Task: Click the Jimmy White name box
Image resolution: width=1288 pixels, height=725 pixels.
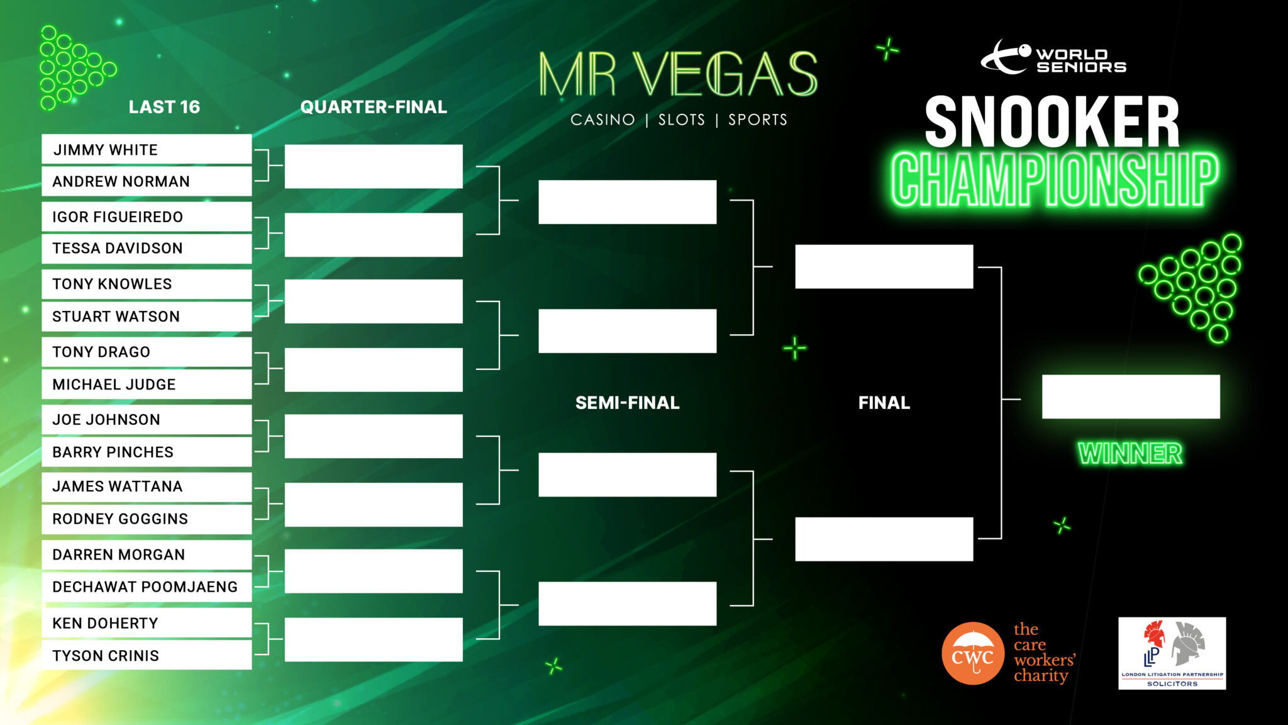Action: pyautogui.click(x=147, y=150)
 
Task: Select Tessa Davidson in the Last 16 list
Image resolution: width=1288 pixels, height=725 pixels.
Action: pyautogui.click(x=147, y=249)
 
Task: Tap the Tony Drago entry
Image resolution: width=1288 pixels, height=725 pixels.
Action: pyautogui.click(x=147, y=352)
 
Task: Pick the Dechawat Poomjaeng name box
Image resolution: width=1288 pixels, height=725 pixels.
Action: pyautogui.click(x=147, y=587)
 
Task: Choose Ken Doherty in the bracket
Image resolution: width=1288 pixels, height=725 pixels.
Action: pyautogui.click(x=147, y=623)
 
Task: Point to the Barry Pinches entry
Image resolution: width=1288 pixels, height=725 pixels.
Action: pyautogui.click(x=147, y=452)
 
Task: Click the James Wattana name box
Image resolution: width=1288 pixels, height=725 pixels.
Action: pyautogui.click(x=147, y=486)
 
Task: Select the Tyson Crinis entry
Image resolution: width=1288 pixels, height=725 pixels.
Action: pyautogui.click(x=147, y=656)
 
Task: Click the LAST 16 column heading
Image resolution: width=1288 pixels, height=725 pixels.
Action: pyautogui.click(x=164, y=107)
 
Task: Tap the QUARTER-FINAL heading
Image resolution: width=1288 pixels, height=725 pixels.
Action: pyautogui.click(x=374, y=107)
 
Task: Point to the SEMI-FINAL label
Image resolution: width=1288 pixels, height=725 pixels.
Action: pyautogui.click(x=627, y=403)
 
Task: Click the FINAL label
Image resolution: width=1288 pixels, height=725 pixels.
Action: pyautogui.click(x=884, y=403)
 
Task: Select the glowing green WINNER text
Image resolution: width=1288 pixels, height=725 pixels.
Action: pyautogui.click(x=1130, y=454)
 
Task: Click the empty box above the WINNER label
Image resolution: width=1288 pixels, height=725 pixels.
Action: pyautogui.click(x=1130, y=396)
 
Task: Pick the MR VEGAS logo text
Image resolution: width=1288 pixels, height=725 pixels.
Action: pyautogui.click(x=678, y=76)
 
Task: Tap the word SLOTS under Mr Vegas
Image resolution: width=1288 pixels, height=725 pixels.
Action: pyautogui.click(x=681, y=120)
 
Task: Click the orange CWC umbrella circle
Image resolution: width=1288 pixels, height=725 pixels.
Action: pyautogui.click(x=972, y=654)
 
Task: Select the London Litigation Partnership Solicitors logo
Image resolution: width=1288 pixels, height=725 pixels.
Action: pyautogui.click(x=1172, y=653)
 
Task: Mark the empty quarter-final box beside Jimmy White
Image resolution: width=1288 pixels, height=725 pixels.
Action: pyautogui.click(x=374, y=166)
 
